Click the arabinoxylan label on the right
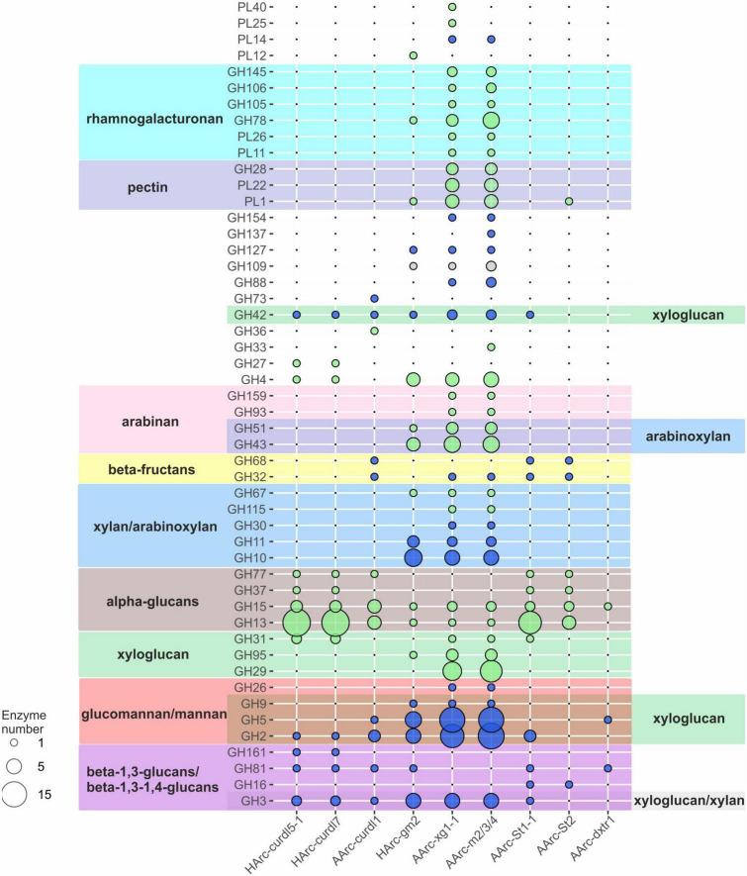click(x=688, y=436)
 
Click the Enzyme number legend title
click(x=30, y=714)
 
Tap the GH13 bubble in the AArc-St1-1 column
click(x=529, y=623)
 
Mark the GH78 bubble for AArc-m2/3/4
click(x=491, y=121)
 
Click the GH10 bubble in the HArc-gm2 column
click(x=413, y=557)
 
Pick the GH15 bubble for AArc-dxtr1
click(x=607, y=606)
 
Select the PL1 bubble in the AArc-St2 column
click(x=569, y=202)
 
